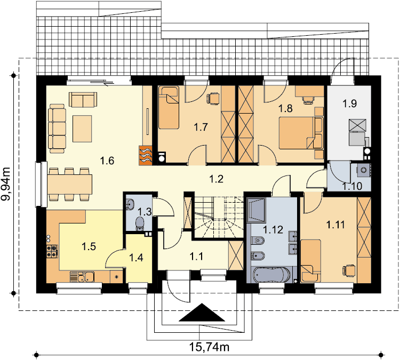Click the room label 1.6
(107, 161)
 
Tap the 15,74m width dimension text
(209, 347)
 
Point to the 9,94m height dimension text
(6, 183)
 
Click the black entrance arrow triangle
(202, 313)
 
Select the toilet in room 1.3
(140, 223)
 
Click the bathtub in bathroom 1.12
(272, 275)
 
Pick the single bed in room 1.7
(169, 108)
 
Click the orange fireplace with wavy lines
(146, 156)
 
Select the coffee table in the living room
(82, 129)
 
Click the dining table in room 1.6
(69, 184)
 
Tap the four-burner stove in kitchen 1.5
(52, 251)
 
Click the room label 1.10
(352, 186)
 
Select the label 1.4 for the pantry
(136, 258)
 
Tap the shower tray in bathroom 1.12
(257, 210)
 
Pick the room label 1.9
(349, 103)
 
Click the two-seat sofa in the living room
(83, 100)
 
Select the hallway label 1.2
(217, 179)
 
